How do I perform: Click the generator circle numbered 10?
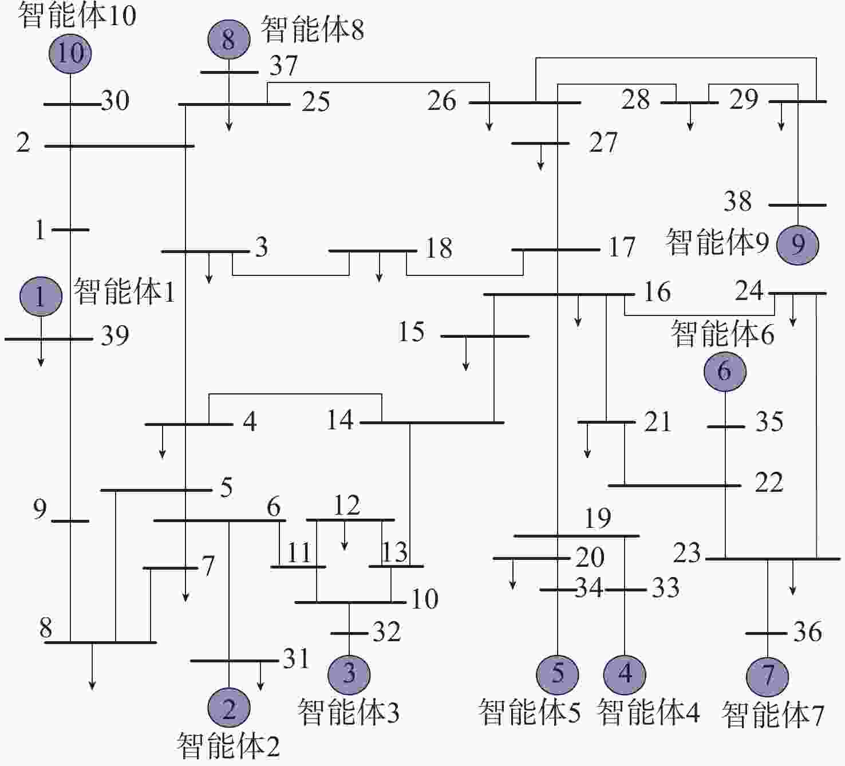click(x=70, y=53)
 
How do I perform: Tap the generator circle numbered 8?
click(x=229, y=40)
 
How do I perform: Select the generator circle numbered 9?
click(x=797, y=245)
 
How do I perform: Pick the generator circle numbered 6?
click(x=725, y=372)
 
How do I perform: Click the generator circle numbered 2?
click(x=229, y=708)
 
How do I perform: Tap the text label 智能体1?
click(x=125, y=291)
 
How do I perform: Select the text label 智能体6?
click(x=723, y=333)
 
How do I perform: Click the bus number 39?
click(x=114, y=336)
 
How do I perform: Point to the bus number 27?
click(x=603, y=143)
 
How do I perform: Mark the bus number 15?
click(x=412, y=331)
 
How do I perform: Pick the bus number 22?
click(x=769, y=483)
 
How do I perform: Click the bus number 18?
click(x=439, y=248)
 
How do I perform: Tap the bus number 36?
click(x=808, y=631)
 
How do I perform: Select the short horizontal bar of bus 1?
click(x=70, y=230)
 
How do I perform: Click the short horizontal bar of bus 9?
click(x=70, y=521)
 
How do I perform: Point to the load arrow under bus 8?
click(x=92, y=666)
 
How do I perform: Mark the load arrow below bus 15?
click(x=465, y=353)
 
